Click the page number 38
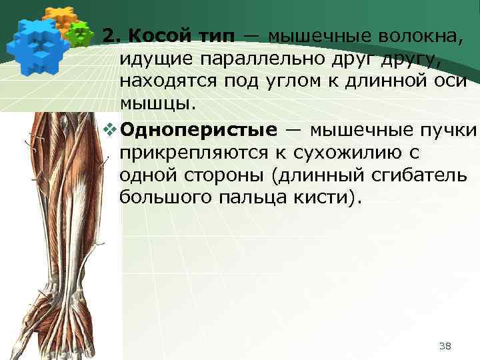pos(446,345)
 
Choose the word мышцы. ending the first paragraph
pos(159,104)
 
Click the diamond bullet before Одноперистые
pos(111,127)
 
